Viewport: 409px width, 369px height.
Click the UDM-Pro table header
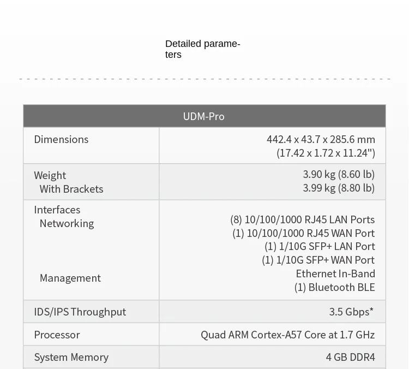[204, 116]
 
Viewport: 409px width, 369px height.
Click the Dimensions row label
[61, 139]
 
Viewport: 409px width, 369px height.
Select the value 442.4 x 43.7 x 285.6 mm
[321, 139]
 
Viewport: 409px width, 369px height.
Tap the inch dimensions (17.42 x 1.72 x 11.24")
[326, 153]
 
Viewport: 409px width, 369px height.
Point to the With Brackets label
[71, 189]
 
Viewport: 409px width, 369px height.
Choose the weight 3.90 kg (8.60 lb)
[339, 175]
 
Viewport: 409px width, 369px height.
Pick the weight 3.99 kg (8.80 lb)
[339, 188]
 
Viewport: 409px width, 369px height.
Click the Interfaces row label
[57, 210]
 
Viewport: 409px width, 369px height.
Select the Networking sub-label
[67, 224]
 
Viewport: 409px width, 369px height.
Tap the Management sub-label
[70, 278]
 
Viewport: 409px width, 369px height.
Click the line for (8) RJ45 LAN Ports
[303, 219]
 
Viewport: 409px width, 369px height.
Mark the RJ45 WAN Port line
[304, 233]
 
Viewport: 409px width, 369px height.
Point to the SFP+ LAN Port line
[320, 247]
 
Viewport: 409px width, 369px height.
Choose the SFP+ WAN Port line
[318, 260]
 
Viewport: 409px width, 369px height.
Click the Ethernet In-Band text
[335, 273]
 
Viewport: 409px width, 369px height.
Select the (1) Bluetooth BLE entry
[335, 287]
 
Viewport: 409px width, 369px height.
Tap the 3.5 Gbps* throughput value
[351, 312]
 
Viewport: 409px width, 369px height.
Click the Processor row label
[57, 335]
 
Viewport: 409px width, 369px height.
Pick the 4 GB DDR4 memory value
[350, 357]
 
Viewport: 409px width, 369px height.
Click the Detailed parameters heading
[203, 49]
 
